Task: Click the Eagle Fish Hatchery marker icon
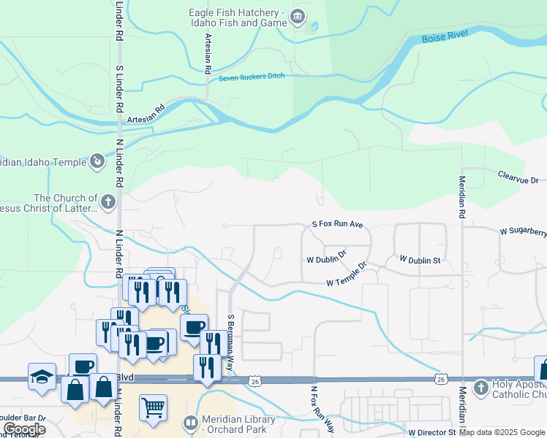[x=298, y=17]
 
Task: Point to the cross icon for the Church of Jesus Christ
[x=107, y=202]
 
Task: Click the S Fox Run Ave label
[x=337, y=226]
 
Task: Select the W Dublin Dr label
[x=326, y=258]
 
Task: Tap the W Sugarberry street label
[x=523, y=231]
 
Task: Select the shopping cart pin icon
[x=153, y=407]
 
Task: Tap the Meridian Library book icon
[x=191, y=423]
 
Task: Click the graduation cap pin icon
[x=42, y=377]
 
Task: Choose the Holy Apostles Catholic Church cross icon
[x=481, y=386]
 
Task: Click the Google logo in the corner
[x=24, y=429]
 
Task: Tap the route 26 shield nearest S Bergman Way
[x=254, y=381]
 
